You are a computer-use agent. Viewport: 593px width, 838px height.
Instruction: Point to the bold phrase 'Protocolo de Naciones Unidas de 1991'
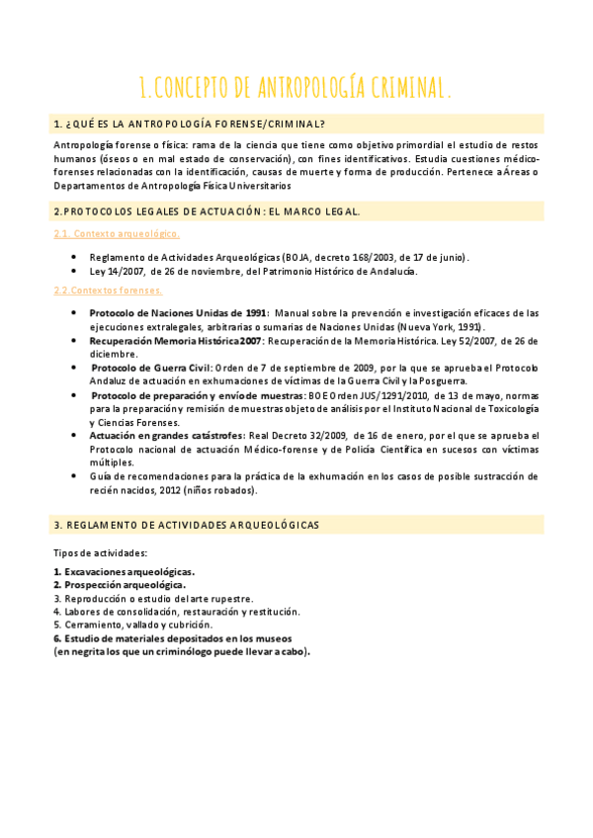coord(178,313)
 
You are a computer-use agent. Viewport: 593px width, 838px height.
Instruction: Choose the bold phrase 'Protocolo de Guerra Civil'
coord(151,367)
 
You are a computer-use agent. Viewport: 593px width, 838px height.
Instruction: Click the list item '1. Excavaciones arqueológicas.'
coord(124,571)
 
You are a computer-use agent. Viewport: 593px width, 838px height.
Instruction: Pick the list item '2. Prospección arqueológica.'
coord(120,585)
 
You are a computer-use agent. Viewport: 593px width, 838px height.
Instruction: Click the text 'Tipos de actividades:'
coord(100,552)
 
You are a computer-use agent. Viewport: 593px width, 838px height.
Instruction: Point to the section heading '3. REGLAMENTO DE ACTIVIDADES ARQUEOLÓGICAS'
coord(188,525)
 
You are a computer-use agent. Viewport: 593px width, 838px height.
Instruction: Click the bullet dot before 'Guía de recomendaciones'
coord(75,475)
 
